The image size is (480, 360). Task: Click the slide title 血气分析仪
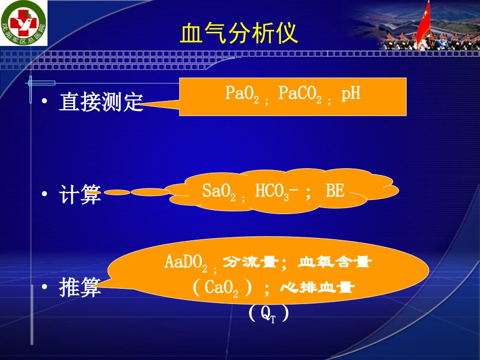tap(239, 34)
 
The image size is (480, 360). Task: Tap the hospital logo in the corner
tap(23, 23)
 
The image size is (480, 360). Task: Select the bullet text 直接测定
tap(101, 102)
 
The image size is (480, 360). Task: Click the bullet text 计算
tap(80, 194)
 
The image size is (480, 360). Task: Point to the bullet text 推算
tap(80, 287)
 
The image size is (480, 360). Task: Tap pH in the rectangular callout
tap(351, 94)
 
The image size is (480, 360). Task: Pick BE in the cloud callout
tap(335, 191)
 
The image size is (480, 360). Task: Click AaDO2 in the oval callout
tap(187, 263)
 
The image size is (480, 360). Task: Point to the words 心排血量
tap(317, 288)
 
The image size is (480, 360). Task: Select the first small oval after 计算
tap(117, 192)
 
